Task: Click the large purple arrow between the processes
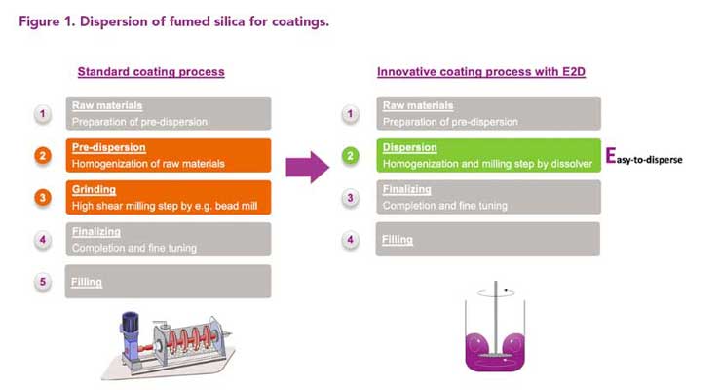tap(307, 167)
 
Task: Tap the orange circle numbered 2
tap(43, 155)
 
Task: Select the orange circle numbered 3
tap(43, 198)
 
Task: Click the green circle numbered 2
tap(350, 155)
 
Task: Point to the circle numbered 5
tap(43, 282)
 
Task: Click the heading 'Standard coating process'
tap(151, 72)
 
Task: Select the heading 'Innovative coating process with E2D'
tap(481, 72)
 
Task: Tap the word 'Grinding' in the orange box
tap(94, 189)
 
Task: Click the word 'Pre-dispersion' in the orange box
tap(108, 147)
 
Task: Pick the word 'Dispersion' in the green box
tap(409, 147)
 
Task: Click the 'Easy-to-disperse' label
tap(644, 156)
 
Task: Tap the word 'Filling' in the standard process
tap(87, 282)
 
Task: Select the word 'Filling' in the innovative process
tap(398, 239)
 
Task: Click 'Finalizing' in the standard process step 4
tap(96, 232)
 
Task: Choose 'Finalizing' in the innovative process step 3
tap(407, 189)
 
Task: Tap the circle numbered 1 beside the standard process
tap(43, 114)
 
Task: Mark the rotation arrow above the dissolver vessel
tap(496, 292)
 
